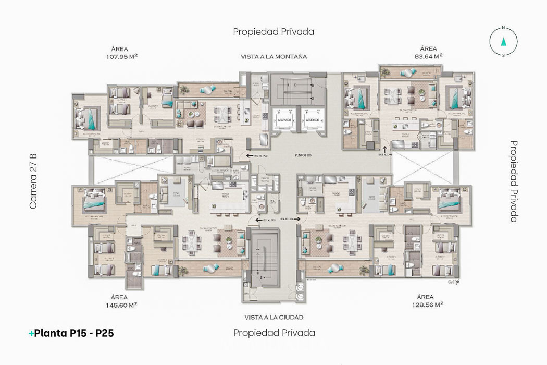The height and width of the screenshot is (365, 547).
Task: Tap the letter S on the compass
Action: tap(503, 54)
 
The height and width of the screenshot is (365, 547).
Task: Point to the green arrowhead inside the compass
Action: tap(503, 41)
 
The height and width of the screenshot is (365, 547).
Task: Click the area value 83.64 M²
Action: tap(426, 56)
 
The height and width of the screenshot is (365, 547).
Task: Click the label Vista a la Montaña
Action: tap(273, 56)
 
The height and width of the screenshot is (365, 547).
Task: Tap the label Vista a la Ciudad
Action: tap(273, 317)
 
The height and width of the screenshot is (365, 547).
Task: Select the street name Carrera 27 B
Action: tap(33, 181)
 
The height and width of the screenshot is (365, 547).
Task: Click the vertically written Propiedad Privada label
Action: tap(514, 181)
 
